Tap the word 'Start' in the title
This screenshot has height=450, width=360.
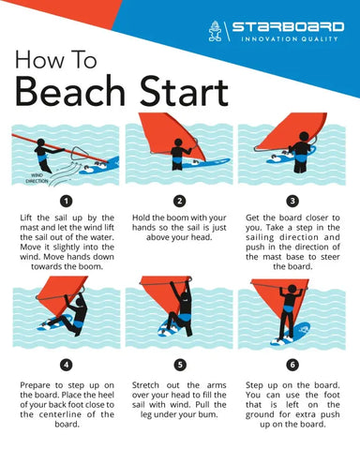tap(181, 92)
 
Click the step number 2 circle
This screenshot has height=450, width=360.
tap(179, 201)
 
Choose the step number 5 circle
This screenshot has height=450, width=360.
tap(179, 364)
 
